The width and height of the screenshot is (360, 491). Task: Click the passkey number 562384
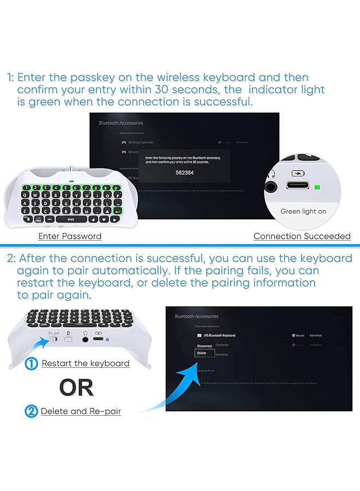185,172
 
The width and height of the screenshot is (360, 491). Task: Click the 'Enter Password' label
70,236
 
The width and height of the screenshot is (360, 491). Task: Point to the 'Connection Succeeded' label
302,236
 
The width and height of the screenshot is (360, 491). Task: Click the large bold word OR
76,387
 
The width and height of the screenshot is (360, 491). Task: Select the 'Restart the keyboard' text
86,363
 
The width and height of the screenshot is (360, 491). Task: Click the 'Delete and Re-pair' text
81,411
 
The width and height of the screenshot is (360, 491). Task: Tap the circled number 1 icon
32,363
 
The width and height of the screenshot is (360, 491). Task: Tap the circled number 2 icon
32,411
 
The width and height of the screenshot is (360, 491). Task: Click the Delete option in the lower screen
202,353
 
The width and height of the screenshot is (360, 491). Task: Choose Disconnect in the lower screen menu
204,346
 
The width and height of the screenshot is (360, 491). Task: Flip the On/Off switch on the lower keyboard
53,339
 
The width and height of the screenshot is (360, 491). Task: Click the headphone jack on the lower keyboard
85,338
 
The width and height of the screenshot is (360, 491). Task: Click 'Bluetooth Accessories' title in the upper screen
121,123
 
